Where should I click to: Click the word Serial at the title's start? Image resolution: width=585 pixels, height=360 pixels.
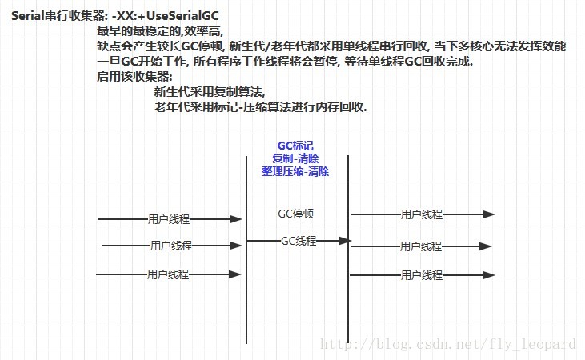(27, 15)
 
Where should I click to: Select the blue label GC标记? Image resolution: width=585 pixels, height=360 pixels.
(295, 145)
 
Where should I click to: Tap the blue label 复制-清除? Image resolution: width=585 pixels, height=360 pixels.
(295, 158)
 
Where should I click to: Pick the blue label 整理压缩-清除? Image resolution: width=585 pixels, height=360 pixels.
(295, 171)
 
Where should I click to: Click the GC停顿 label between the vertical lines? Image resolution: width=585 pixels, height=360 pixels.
(295, 214)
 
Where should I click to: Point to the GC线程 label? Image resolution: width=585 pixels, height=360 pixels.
(299, 240)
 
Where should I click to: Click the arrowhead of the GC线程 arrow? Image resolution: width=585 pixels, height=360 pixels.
(347, 240)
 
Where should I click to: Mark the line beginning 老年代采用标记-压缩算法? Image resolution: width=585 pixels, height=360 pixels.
(260, 107)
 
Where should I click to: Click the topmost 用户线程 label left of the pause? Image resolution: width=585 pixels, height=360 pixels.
(168, 218)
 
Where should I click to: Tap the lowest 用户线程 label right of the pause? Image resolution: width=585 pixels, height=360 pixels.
(422, 275)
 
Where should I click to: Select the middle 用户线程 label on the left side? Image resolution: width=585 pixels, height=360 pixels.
(170, 246)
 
